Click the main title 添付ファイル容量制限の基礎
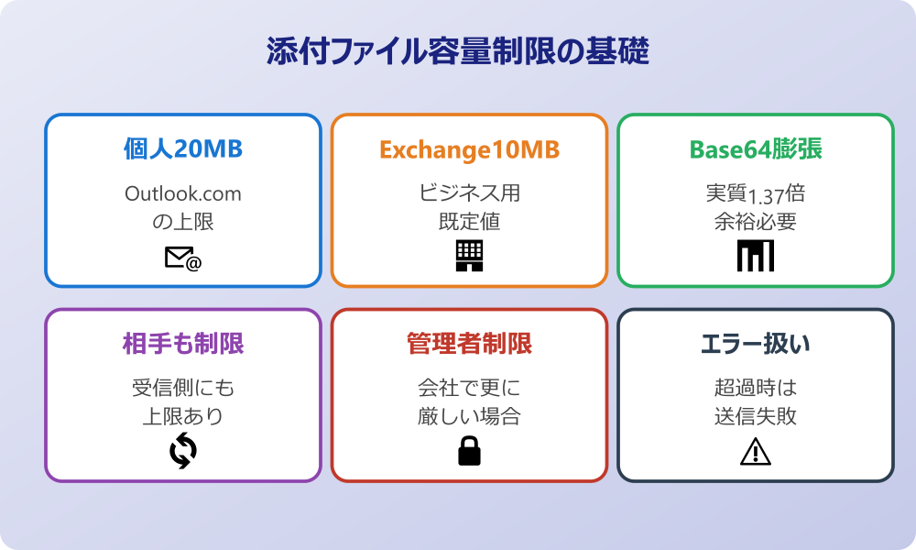(458, 52)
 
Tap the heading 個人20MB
(183, 149)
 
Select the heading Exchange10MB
(469, 149)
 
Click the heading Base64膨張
(755, 149)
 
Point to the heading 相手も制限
(183, 344)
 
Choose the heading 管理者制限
(469, 344)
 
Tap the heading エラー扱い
(755, 344)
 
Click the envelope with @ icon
(183, 258)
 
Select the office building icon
(469, 256)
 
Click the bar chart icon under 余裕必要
(755, 256)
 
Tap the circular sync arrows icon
(183, 450)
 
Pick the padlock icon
(469, 450)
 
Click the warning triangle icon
(755, 450)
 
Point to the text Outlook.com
(183, 194)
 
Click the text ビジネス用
(469, 194)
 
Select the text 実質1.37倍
(755, 194)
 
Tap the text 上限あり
(183, 416)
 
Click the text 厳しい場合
(469, 416)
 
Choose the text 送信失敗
(755, 416)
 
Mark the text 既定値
(469, 222)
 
